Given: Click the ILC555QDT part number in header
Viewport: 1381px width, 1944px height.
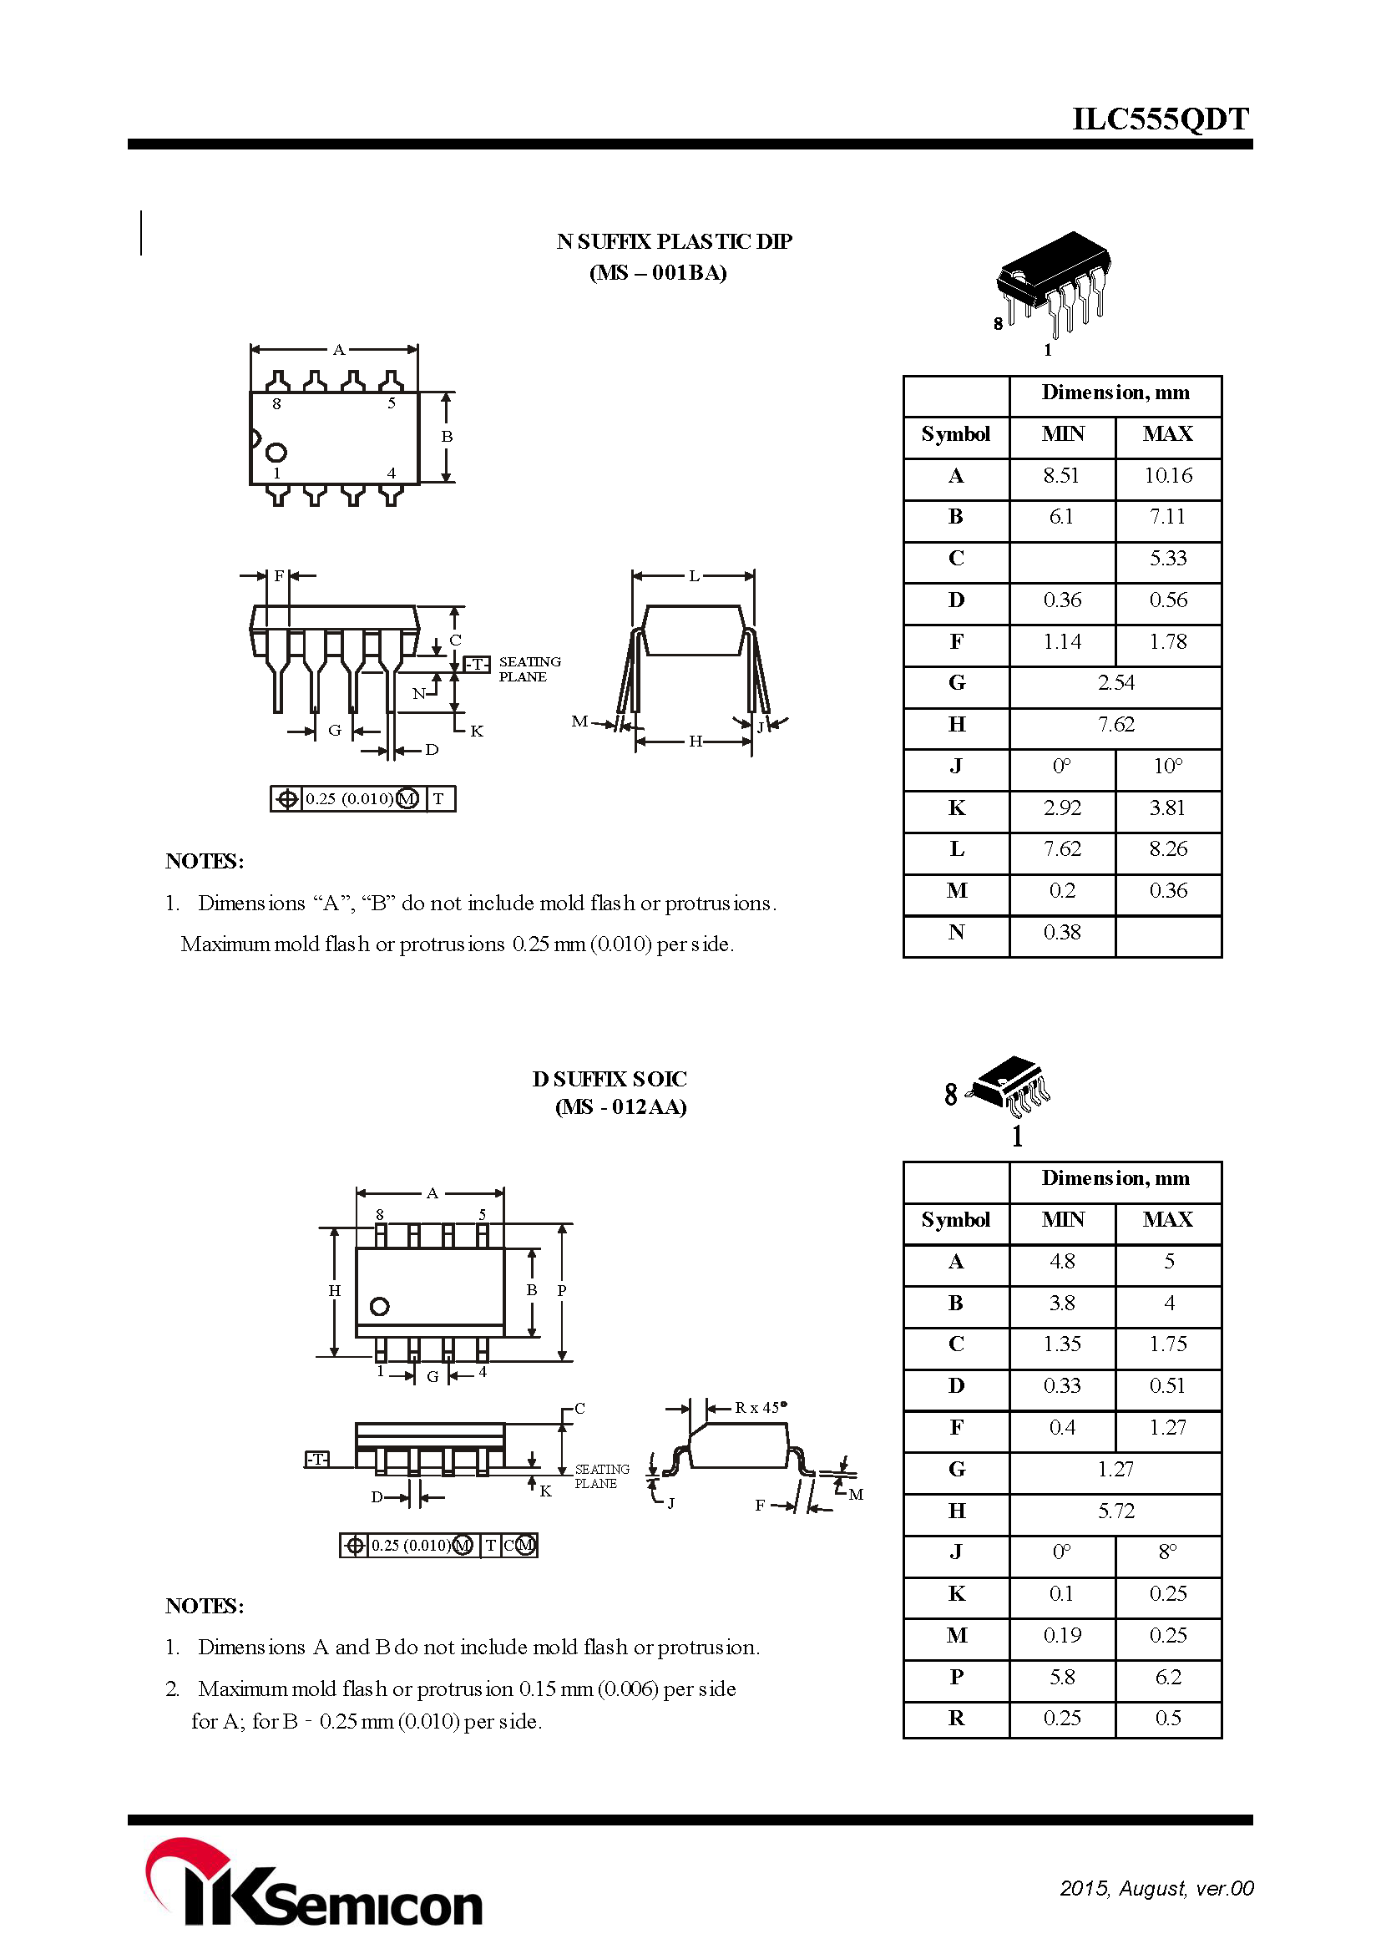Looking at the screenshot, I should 1160,119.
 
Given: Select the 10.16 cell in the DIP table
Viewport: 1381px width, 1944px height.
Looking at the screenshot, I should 1167,475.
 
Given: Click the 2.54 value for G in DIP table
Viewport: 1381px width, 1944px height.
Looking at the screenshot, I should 1115,683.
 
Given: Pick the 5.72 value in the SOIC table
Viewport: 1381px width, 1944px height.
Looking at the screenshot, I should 1115,1511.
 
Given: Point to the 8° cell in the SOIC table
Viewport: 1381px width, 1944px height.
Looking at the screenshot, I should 1167,1552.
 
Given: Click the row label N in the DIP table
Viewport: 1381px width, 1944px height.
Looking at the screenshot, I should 956,933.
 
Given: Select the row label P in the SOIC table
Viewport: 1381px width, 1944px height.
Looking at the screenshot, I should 956,1677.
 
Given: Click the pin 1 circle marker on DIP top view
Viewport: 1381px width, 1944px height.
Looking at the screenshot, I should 276,452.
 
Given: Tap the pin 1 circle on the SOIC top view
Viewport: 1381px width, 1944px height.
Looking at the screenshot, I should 379,1306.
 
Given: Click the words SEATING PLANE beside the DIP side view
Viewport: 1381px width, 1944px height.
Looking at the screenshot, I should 529,668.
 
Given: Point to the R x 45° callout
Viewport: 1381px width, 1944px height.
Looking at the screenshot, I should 761,1407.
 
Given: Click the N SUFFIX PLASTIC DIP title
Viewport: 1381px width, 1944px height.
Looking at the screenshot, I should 674,242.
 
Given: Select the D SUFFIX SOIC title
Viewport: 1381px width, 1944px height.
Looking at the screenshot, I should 609,1079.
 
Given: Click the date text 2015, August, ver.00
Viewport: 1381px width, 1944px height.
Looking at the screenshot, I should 1156,1888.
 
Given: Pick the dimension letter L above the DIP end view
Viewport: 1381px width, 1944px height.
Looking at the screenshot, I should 694,576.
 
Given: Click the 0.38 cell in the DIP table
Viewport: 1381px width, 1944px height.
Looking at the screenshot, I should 1061,933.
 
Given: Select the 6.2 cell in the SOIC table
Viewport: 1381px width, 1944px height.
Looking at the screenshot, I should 1167,1677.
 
